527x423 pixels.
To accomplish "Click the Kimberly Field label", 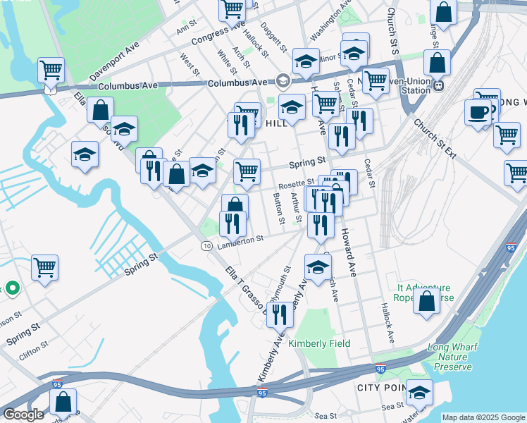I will pyautogui.click(x=319, y=343).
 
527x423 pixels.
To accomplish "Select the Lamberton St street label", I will pyautogui.click(x=240, y=240).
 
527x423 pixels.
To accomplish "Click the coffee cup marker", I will pyautogui.click(x=478, y=113).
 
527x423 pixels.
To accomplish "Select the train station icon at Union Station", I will pyautogui.click(x=438, y=85).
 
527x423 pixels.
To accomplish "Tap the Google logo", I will pyautogui.click(x=23, y=415).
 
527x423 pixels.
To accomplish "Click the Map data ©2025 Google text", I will pyautogui.click(x=483, y=417).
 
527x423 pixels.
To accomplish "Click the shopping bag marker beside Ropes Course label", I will pyautogui.click(x=427, y=300).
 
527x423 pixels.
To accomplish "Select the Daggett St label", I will pyautogui.click(x=274, y=37).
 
